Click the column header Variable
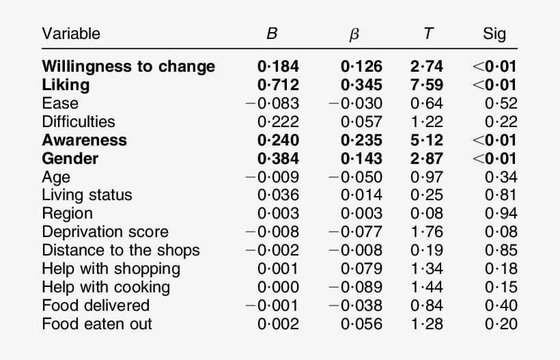[71, 33]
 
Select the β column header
[354, 33]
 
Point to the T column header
[428, 33]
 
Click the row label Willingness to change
[128, 66]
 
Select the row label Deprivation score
[105, 232]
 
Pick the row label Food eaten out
[97, 324]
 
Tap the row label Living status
[87, 195]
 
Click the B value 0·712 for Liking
[278, 85]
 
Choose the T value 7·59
[427, 85]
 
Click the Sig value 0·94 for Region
[501, 213]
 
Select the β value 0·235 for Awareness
[361, 140]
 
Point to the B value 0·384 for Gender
[278, 158]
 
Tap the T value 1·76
[427, 232]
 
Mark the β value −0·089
[355, 287]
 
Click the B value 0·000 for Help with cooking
[278, 287]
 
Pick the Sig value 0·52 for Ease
[501, 103]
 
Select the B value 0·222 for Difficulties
[278, 122]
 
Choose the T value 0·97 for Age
[427, 177]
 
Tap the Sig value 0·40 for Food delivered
[501, 305]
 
